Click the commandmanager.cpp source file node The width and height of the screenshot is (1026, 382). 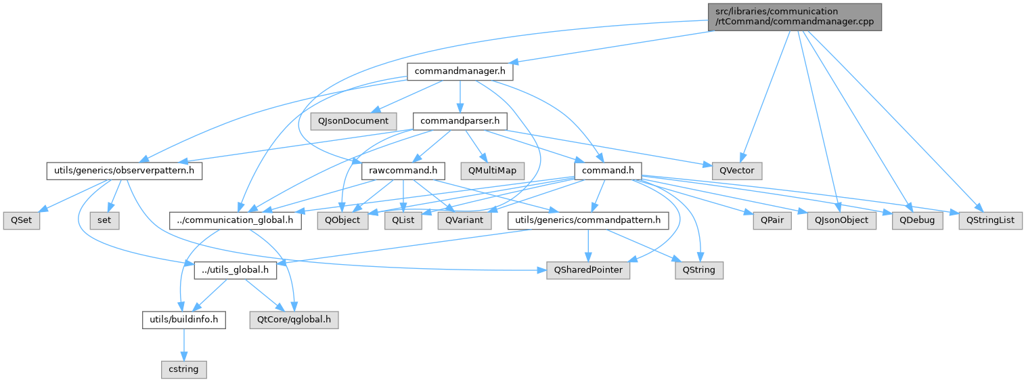794,16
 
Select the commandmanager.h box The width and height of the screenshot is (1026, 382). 460,70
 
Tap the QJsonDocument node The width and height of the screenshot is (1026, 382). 353,121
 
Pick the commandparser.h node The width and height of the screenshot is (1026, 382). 460,121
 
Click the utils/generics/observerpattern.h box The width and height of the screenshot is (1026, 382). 124,171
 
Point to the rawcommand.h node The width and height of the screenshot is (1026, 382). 403,171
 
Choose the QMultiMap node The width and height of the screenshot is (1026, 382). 491,171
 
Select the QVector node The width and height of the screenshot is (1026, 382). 736,171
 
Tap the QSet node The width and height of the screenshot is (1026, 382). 21,221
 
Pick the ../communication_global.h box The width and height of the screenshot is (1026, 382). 235,221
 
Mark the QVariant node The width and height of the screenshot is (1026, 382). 464,221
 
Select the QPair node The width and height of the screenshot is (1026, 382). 772,221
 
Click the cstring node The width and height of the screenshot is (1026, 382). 184,370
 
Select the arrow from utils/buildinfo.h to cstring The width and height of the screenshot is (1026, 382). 184,345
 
